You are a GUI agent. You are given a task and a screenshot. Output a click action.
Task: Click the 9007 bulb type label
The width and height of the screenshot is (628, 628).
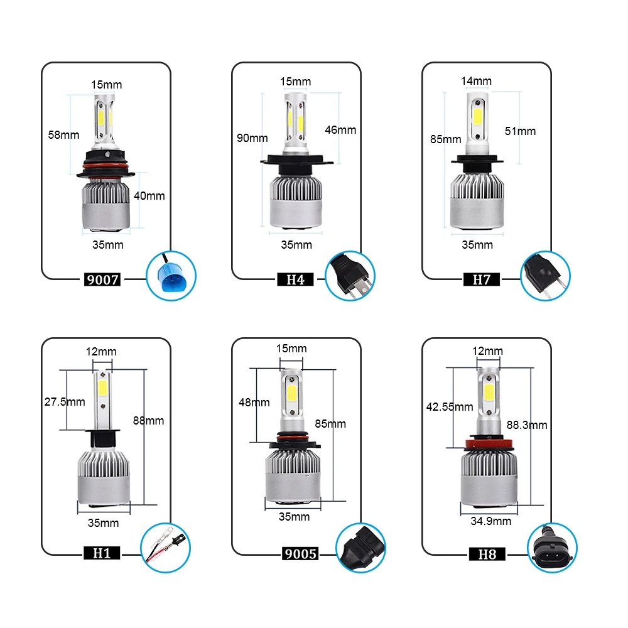pyautogui.click(x=101, y=279)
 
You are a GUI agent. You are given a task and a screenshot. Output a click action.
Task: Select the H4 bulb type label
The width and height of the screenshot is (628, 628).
pyautogui.click(x=295, y=279)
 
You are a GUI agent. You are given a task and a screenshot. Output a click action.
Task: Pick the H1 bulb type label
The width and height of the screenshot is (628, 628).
pyautogui.click(x=101, y=554)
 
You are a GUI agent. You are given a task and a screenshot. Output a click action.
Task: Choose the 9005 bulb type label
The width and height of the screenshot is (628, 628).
pyautogui.click(x=299, y=554)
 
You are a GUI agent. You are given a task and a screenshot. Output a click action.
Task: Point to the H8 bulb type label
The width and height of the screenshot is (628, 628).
pyautogui.click(x=487, y=554)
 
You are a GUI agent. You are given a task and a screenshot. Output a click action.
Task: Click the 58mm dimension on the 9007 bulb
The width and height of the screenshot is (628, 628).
pyautogui.click(x=64, y=134)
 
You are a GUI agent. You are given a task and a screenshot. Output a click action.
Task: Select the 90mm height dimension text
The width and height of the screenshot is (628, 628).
pyautogui.click(x=252, y=138)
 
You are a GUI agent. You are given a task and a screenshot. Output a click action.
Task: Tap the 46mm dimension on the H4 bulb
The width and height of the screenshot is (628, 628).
pyautogui.click(x=340, y=130)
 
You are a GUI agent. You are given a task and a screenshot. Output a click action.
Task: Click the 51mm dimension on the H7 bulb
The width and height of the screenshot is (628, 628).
pyautogui.click(x=521, y=131)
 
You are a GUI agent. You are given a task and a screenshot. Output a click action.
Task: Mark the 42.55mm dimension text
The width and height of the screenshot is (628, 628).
pyautogui.click(x=450, y=406)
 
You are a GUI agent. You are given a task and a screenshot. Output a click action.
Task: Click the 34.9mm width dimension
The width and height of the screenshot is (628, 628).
pyautogui.click(x=490, y=521)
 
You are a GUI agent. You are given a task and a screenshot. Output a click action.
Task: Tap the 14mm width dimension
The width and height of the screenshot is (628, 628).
pyautogui.click(x=476, y=81)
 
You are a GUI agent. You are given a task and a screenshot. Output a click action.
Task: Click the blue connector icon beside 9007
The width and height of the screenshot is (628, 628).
pyautogui.click(x=171, y=275)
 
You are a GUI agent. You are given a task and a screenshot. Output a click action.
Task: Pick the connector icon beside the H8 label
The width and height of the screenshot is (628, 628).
pyautogui.click(x=549, y=549)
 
